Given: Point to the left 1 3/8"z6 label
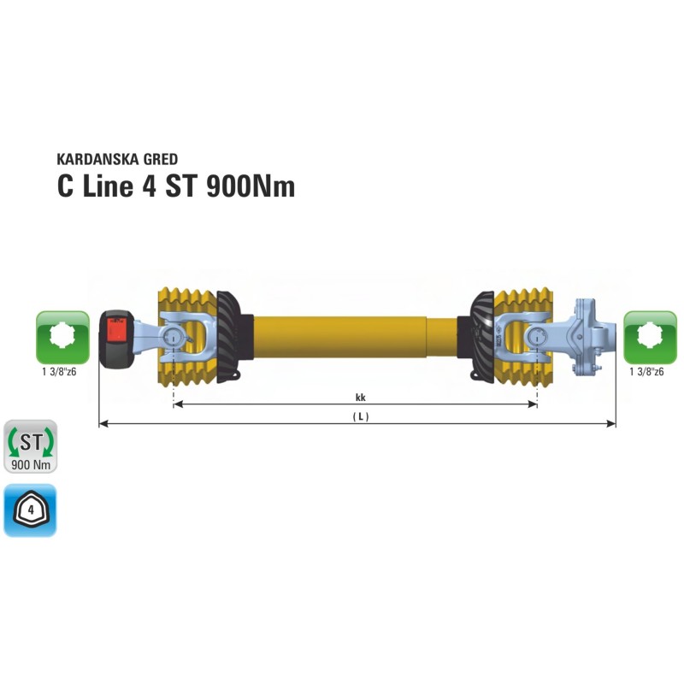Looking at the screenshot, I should [x=61, y=373].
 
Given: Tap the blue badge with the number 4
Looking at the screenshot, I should [x=31, y=510].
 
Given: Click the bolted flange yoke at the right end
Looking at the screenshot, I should [x=587, y=337].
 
